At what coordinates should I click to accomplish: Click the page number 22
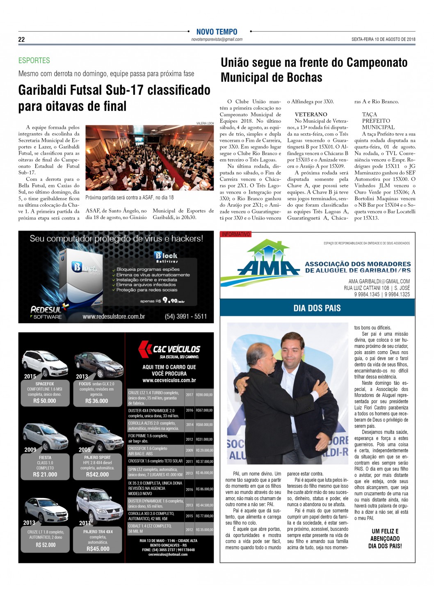pos(21,39)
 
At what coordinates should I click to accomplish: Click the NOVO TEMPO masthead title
pos(217,32)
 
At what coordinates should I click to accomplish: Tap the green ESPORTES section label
pos(34,61)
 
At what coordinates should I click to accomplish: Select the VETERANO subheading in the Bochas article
pos(311,114)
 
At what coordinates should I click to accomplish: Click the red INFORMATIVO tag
pos(235,234)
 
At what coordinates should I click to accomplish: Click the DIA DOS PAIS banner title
pos(317,308)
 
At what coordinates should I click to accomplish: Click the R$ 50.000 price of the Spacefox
pos(45,401)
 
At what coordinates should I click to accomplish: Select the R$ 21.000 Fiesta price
pos(45,474)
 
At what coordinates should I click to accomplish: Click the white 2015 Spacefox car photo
pos(44,363)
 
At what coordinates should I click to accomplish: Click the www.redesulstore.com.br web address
pos(114,316)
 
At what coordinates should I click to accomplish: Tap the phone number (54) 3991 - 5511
pos(185,316)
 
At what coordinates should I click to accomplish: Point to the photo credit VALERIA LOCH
pos(205,123)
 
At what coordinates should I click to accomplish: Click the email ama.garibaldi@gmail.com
pos(379,281)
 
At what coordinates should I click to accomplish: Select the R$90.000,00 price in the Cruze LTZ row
pos(204,395)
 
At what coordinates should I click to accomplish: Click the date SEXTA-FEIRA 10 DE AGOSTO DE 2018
pos(383,39)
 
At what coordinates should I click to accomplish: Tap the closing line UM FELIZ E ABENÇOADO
pos(385,535)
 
